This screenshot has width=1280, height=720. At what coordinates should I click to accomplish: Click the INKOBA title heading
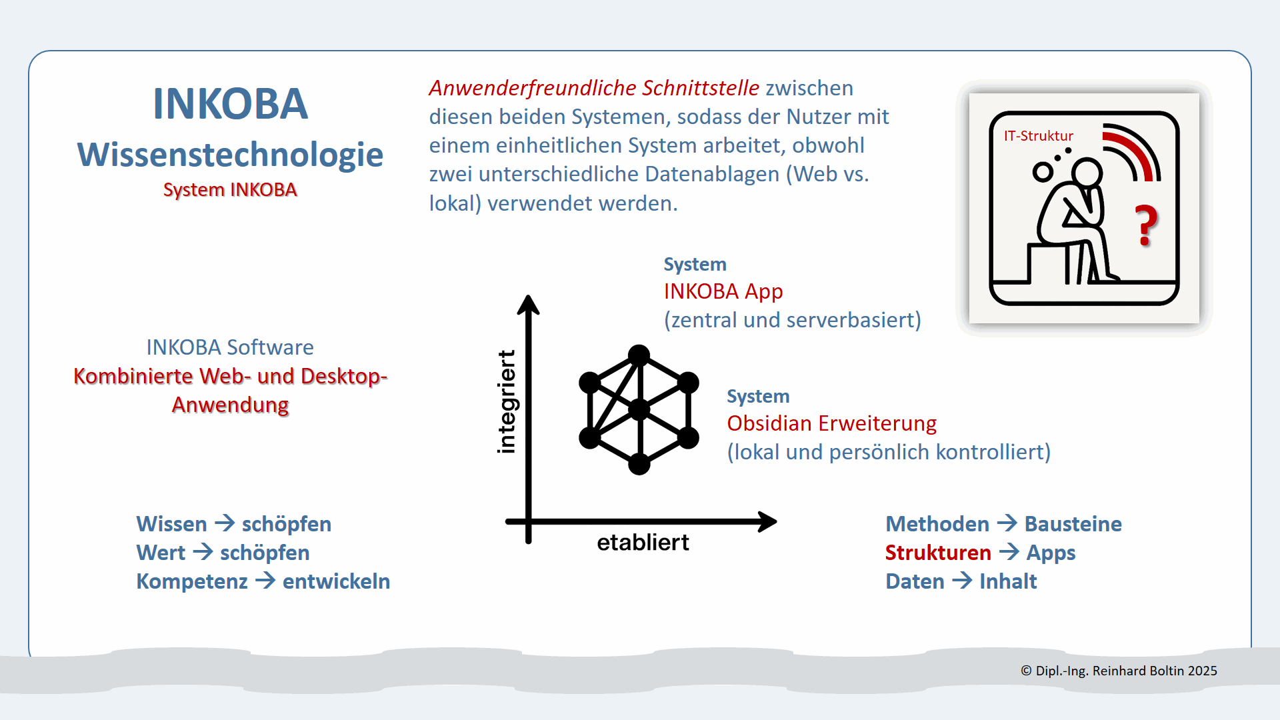tap(230, 105)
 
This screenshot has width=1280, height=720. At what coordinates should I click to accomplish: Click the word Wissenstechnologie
tap(230, 155)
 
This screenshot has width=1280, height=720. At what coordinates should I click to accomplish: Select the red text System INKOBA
tap(230, 190)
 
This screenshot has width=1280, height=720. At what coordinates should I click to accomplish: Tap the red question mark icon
tap(1146, 225)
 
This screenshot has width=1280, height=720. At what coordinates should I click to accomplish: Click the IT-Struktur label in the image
tap(1038, 136)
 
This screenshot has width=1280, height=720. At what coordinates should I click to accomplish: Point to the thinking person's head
tap(1087, 173)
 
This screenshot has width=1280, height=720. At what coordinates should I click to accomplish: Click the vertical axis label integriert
tap(507, 402)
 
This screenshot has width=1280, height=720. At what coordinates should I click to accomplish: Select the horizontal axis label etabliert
tap(643, 543)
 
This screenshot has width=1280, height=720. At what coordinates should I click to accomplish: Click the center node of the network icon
tap(639, 409)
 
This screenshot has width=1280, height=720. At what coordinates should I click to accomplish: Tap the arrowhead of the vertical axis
tap(528, 304)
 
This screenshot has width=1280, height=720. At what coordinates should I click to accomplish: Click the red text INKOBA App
tap(723, 291)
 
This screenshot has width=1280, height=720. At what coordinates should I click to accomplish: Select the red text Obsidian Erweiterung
tap(831, 423)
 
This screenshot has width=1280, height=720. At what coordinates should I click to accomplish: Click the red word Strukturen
tap(937, 553)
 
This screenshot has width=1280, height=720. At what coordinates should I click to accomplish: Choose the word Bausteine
tap(1073, 524)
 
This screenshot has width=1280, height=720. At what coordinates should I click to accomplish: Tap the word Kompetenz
tap(192, 581)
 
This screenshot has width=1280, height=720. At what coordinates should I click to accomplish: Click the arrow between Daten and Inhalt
tap(962, 581)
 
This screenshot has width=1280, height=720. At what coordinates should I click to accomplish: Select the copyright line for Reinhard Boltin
tap(1119, 671)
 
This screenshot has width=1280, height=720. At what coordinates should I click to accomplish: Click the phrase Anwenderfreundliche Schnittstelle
tap(594, 88)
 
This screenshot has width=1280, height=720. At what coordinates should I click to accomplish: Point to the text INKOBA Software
tap(230, 347)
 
